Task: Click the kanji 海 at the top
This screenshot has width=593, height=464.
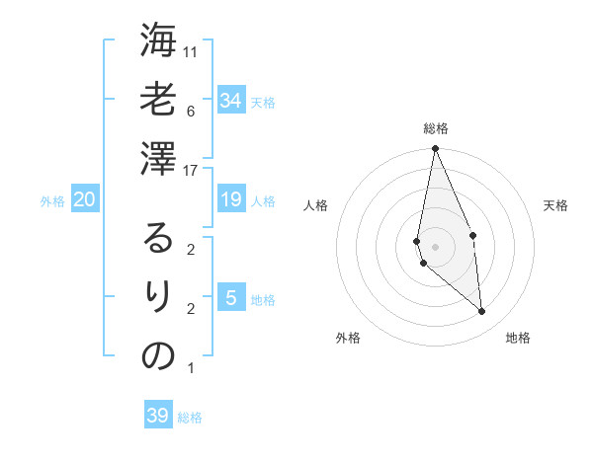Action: coord(158,40)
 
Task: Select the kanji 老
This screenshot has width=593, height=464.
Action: coord(158,100)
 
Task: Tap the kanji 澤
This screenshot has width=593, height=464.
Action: coord(158,159)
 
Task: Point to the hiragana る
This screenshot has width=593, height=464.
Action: coord(158,237)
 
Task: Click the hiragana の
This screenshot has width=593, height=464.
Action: coord(158,355)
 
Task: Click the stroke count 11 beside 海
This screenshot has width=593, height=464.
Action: coord(192,50)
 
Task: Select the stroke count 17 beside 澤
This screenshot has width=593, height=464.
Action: coord(192,170)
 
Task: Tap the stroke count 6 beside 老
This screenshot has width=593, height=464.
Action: coord(190,110)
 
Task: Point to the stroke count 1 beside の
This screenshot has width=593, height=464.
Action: coord(190,368)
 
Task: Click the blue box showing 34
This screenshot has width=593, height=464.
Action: coord(230,100)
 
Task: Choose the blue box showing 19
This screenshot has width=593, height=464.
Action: coord(230,199)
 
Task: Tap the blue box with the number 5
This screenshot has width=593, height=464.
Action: coord(230,297)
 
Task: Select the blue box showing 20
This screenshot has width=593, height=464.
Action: coord(84,199)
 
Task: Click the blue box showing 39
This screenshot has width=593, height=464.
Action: coord(157,415)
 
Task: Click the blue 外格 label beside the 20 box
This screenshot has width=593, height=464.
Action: coord(52,201)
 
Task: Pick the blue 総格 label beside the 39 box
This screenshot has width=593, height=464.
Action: coord(190,418)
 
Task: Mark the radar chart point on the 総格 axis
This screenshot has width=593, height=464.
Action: coord(435,149)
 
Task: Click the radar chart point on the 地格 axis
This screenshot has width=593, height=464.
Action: coord(481,311)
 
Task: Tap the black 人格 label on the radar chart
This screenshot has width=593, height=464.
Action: coord(316,205)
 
